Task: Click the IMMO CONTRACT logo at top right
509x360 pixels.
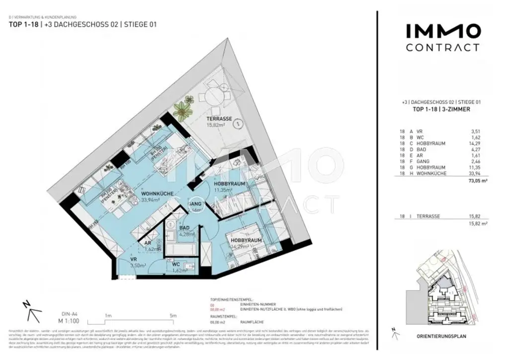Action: pos(442,38)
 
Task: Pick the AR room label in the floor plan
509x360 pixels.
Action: pos(148,243)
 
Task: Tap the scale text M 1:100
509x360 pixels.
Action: pos(69,321)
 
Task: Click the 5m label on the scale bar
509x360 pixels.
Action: pos(172,315)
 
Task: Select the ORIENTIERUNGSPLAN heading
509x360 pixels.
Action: pos(442,336)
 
